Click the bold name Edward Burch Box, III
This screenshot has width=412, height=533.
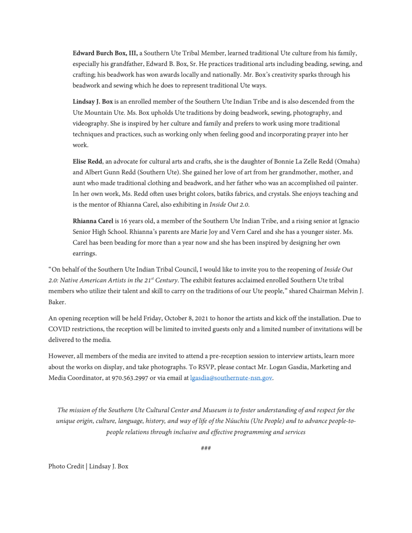point(105,54)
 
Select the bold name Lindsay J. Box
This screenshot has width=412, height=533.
point(92,102)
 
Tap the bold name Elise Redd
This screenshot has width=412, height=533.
point(87,162)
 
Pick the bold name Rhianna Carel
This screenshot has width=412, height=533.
point(93,221)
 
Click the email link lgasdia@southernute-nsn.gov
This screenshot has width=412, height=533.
point(231,378)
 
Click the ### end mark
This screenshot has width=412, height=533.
point(206,448)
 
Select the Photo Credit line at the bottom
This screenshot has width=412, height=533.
point(88,467)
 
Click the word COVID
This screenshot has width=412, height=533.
point(59,329)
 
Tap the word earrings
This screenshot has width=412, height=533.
point(84,253)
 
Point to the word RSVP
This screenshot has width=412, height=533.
point(206,367)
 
